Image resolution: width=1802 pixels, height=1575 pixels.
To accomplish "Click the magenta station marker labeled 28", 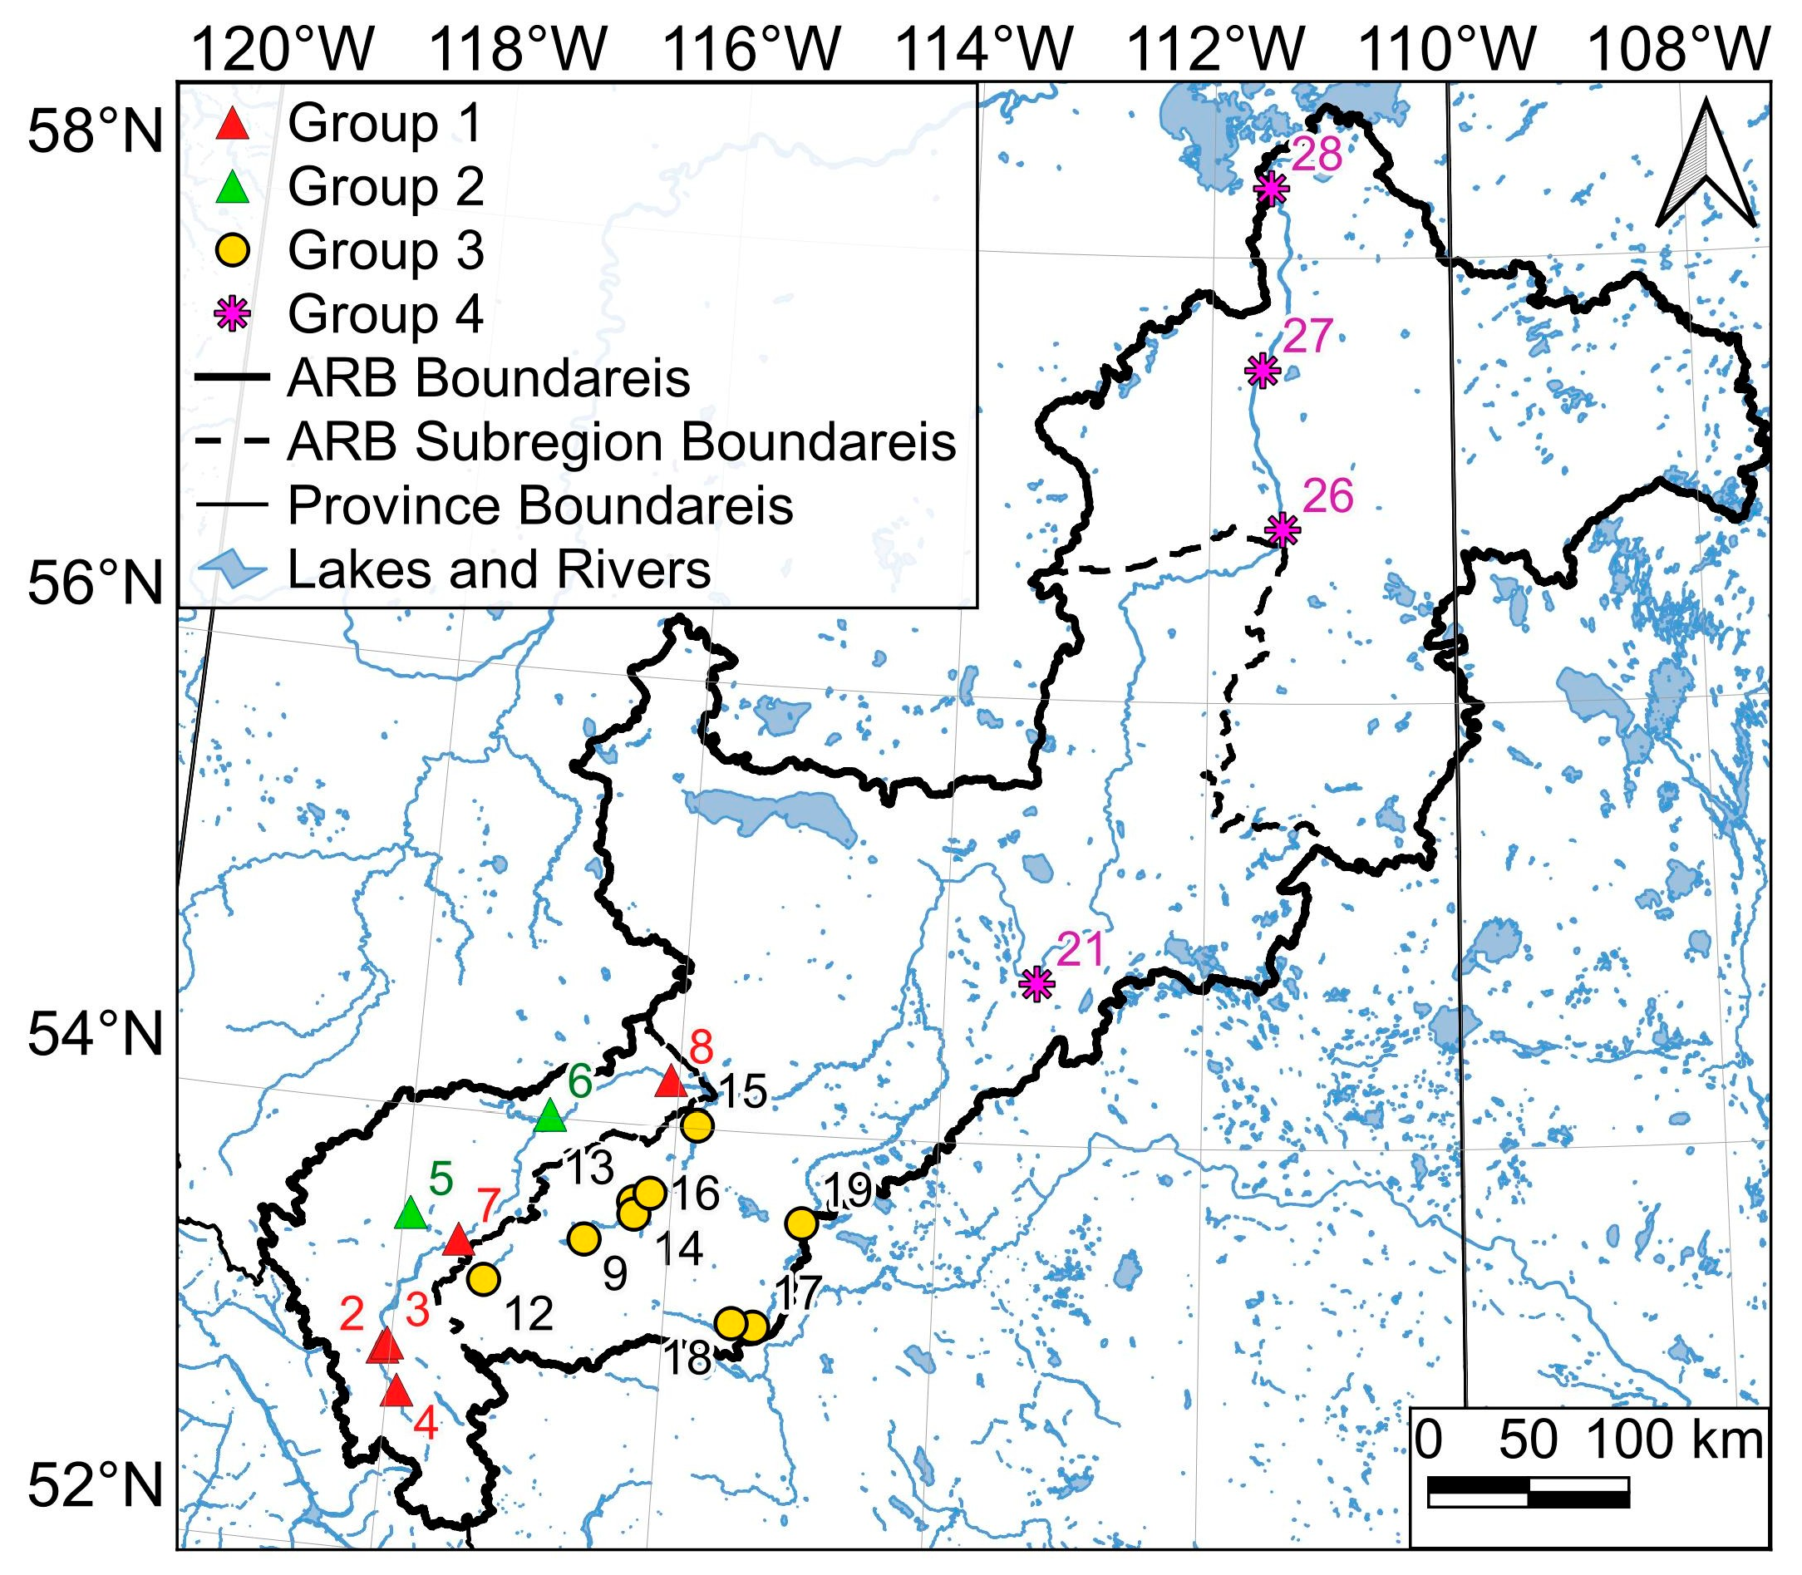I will tap(1271, 188).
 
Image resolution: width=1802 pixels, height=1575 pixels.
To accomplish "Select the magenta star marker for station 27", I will tap(1263, 370).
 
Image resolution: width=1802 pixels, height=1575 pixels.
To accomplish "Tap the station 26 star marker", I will tap(1283, 530).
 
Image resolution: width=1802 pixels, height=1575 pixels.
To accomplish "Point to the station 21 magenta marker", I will tap(1038, 983).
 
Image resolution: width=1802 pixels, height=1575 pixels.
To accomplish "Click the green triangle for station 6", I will tap(550, 1115).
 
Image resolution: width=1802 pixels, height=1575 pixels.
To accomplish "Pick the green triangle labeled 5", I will tap(411, 1213).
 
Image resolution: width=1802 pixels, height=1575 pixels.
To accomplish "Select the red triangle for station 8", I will tap(671, 1081).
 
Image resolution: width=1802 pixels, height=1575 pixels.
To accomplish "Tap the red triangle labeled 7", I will tap(458, 1240).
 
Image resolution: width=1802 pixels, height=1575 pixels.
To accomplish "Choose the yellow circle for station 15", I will tap(697, 1125).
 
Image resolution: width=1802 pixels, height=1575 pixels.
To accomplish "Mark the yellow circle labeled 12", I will tap(484, 1279).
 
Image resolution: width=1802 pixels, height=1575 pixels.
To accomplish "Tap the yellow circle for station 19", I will tap(800, 1223).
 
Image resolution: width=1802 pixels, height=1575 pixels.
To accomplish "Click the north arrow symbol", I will tap(1706, 165).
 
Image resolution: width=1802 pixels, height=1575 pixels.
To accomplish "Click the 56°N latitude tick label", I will tap(96, 583).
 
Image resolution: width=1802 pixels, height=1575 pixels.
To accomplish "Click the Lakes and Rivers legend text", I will tap(499, 569).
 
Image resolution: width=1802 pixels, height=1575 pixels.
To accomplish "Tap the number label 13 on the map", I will tap(588, 1168).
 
